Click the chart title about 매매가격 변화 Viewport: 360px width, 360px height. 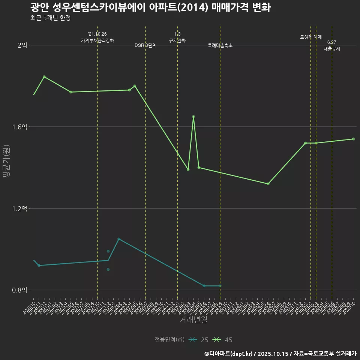click(x=150, y=7)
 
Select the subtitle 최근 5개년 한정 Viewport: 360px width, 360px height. click(x=50, y=18)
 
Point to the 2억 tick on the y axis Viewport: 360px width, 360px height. click(x=22, y=45)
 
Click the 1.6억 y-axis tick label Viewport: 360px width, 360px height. click(x=19, y=127)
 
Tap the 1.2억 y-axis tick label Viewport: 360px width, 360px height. click(x=19, y=208)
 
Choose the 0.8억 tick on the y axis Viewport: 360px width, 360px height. click(x=19, y=290)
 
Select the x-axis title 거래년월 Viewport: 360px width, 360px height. click(x=193, y=319)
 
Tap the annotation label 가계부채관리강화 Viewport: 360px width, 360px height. click(x=97, y=40)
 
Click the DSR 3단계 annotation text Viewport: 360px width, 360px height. click(x=145, y=45)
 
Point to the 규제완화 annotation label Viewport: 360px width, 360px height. click(x=177, y=40)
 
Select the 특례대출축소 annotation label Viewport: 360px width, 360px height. click(x=220, y=45)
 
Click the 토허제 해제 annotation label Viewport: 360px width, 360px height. click(x=311, y=37)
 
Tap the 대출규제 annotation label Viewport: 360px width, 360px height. click(x=332, y=49)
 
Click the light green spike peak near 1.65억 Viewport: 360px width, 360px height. click(x=193, y=117)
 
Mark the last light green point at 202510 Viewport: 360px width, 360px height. click(x=353, y=139)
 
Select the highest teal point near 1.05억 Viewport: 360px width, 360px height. click(x=119, y=239)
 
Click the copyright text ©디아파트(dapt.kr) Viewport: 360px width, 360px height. click(x=229, y=353)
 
